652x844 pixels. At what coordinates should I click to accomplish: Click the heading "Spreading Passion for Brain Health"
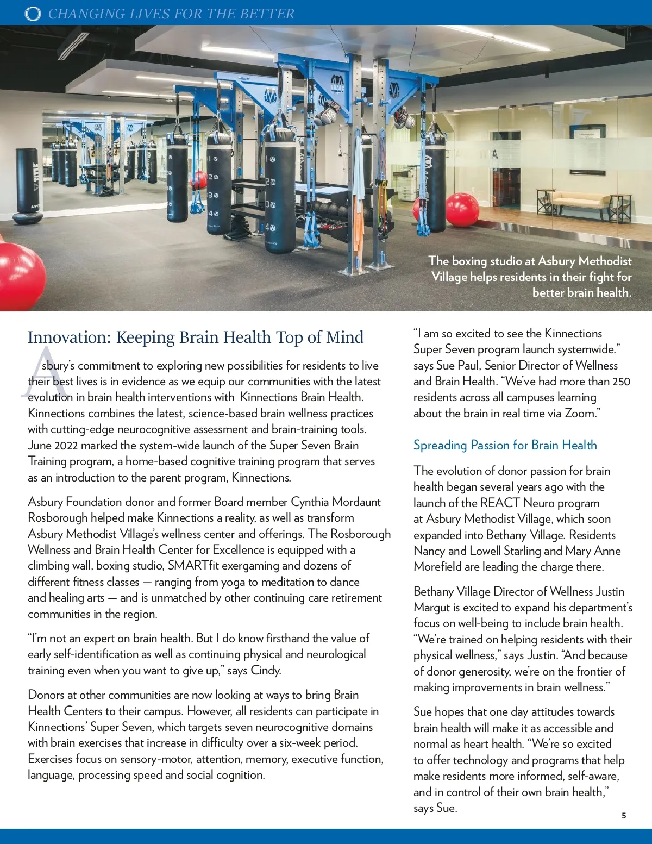pyautogui.click(x=505, y=445)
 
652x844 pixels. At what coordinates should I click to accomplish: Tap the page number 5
pyautogui.click(x=624, y=815)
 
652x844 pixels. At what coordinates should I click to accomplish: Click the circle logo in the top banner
pyautogui.click(x=33, y=14)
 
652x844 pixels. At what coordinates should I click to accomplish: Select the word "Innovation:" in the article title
pyautogui.click(x=69, y=337)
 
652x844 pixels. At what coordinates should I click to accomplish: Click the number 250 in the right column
pyautogui.click(x=621, y=382)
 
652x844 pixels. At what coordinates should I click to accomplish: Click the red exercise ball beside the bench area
pyautogui.click(x=462, y=210)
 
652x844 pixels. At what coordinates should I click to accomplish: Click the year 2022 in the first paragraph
pyautogui.click(x=66, y=446)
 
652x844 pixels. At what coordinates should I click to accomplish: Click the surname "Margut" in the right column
pyautogui.click(x=432, y=607)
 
